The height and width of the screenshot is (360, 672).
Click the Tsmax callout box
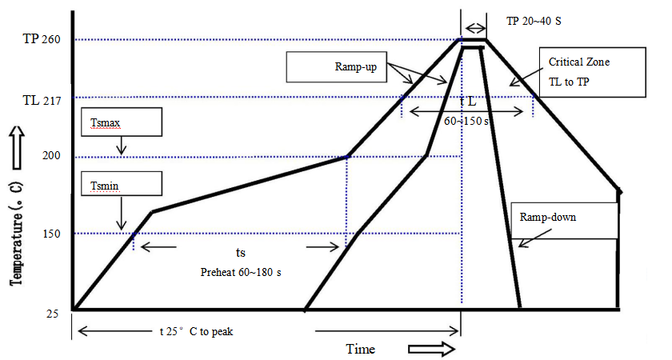tap(122, 122)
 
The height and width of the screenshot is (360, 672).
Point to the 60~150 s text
tap(467, 121)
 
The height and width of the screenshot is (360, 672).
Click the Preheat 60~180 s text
tap(240, 272)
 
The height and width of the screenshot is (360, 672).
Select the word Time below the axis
tap(360, 350)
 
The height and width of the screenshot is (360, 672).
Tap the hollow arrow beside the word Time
tap(431, 349)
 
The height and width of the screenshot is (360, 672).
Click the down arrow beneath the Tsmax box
tap(121, 146)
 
